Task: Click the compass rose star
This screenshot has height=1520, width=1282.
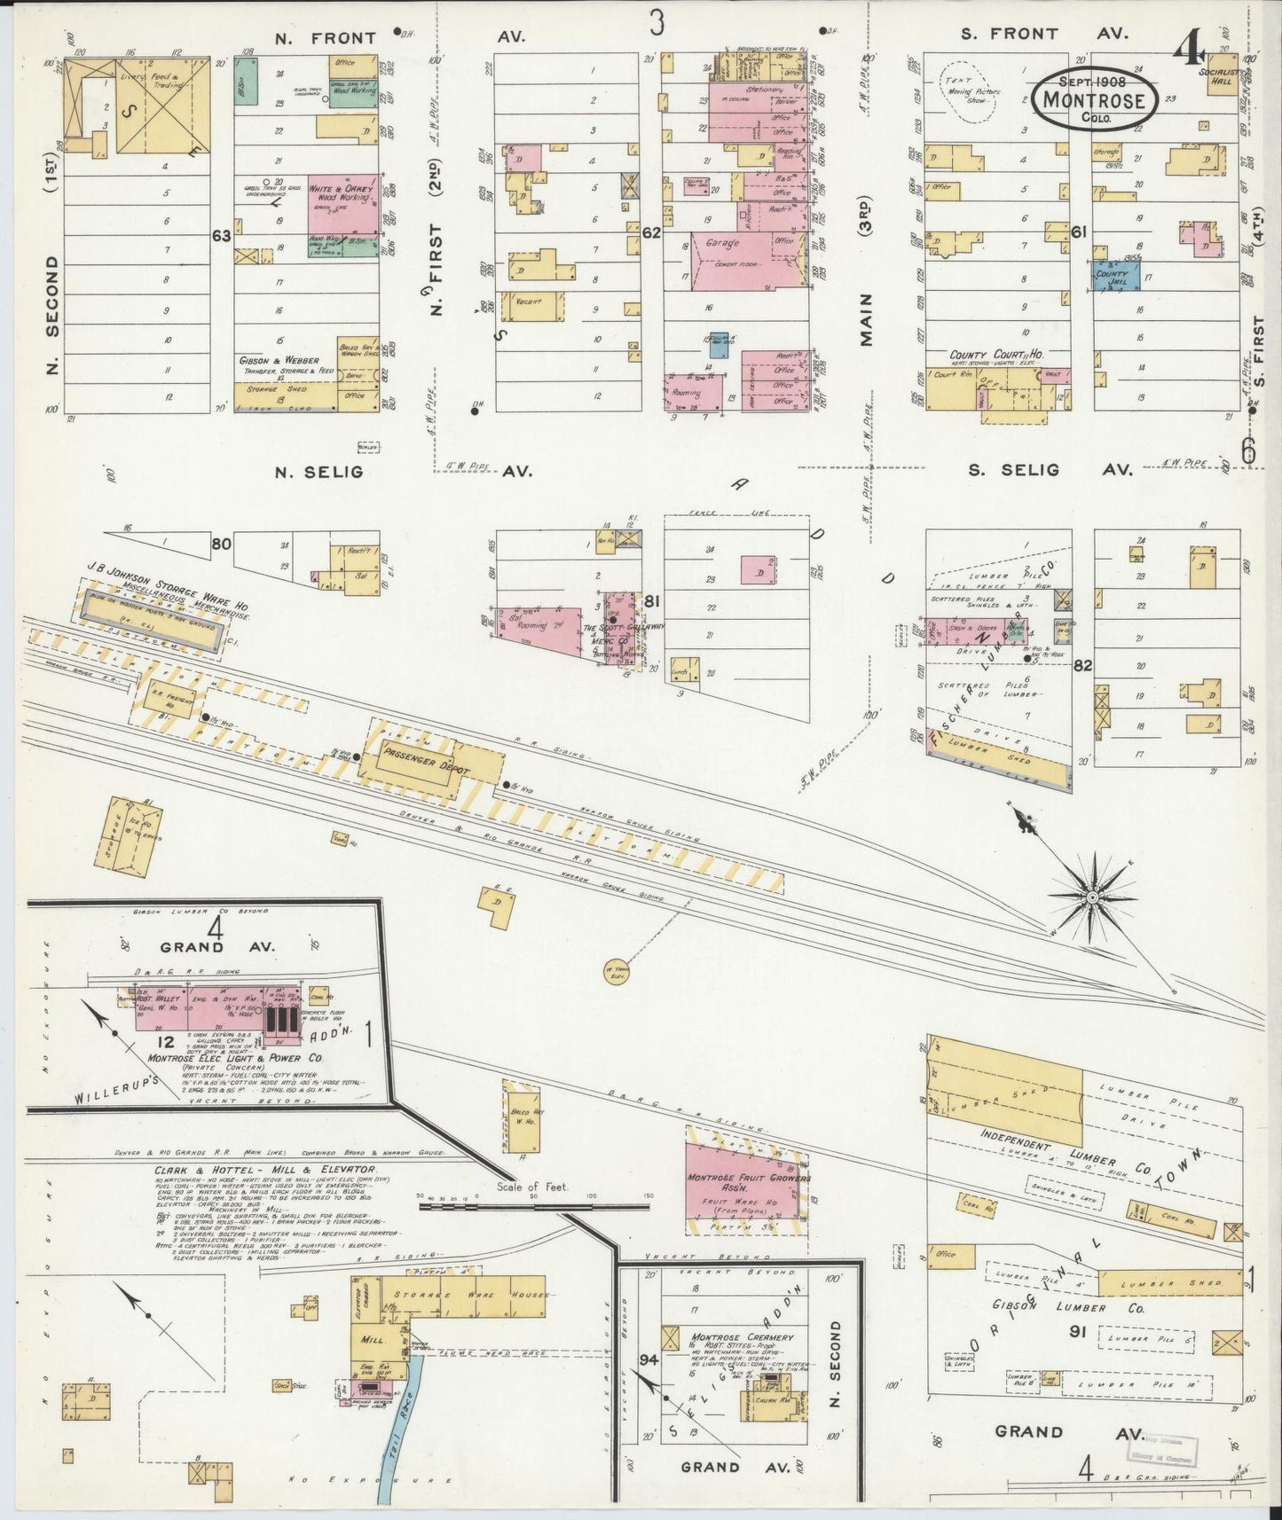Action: (x=1092, y=897)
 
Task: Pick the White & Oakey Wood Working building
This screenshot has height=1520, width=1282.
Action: (x=342, y=208)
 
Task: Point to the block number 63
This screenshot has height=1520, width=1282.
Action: (x=221, y=236)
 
